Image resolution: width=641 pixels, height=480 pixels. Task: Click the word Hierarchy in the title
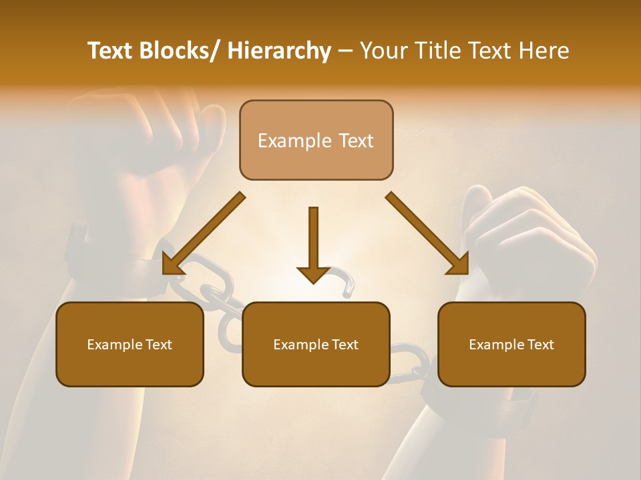tap(279, 51)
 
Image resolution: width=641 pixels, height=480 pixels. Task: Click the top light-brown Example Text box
tap(316, 141)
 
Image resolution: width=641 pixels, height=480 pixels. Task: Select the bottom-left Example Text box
tap(130, 345)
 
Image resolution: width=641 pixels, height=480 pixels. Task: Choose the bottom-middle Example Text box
tap(316, 345)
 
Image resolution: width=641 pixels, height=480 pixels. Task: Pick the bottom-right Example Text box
tap(511, 345)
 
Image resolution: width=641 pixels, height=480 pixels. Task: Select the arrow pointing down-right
tap(428, 234)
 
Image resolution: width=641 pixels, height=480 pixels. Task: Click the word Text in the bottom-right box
tap(540, 345)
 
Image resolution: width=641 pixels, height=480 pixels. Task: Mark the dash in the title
tap(345, 51)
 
